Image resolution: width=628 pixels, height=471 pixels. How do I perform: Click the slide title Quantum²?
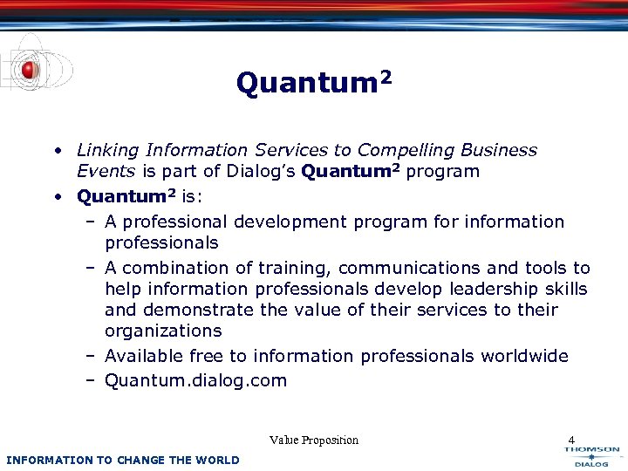click(x=313, y=84)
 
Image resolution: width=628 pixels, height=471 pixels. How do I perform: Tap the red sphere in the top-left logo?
click(x=29, y=69)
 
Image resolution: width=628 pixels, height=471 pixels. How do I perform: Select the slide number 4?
click(x=571, y=440)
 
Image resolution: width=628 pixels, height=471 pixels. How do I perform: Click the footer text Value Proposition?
click(x=314, y=440)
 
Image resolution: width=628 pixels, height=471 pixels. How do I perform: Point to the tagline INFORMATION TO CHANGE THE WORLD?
click(x=122, y=460)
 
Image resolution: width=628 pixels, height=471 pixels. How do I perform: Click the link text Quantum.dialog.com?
click(x=195, y=380)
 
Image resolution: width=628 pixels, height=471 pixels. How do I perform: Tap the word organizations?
click(x=163, y=331)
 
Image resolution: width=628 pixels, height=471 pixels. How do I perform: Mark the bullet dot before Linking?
click(x=57, y=151)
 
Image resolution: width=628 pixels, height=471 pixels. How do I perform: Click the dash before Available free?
click(x=91, y=356)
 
